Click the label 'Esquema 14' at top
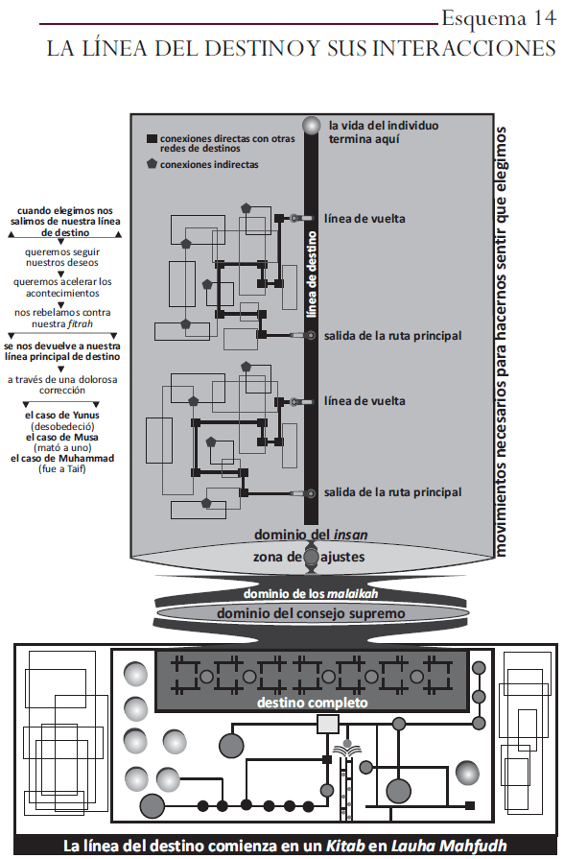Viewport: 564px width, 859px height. (x=497, y=18)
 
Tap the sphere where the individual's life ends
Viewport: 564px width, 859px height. (x=310, y=126)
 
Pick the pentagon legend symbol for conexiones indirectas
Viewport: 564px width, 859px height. (x=151, y=164)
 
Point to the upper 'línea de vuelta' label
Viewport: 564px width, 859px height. (x=364, y=219)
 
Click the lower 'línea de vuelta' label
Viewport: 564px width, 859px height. (x=364, y=401)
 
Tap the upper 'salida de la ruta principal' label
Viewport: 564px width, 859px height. (x=393, y=336)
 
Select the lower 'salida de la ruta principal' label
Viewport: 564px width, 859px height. (x=393, y=492)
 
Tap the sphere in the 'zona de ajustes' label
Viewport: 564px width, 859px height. (x=311, y=557)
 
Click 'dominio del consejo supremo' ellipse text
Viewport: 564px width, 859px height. (x=311, y=613)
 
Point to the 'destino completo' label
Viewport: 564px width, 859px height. (x=311, y=703)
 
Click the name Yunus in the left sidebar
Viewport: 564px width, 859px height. (x=86, y=415)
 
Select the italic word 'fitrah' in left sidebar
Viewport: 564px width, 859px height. (x=94, y=324)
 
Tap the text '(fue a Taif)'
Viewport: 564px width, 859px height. (x=62, y=469)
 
